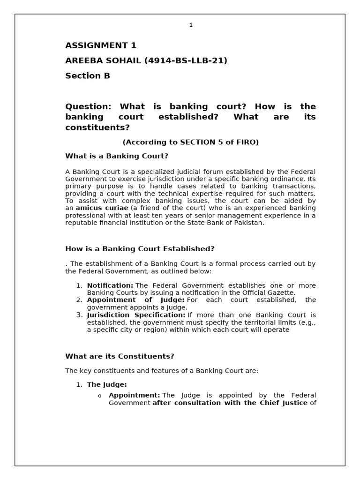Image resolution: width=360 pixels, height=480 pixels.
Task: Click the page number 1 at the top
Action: pyautogui.click(x=191, y=25)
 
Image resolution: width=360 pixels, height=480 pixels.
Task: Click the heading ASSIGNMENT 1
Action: pyautogui.click(x=101, y=45)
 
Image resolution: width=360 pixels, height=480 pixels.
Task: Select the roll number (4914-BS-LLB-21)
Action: pyautogui.click(x=186, y=60)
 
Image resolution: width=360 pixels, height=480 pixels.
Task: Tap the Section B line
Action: pyautogui.click(x=88, y=75)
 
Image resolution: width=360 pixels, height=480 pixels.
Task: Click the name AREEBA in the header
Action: pyautogui.click(x=85, y=60)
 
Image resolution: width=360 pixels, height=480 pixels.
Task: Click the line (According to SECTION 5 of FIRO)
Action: pyautogui.click(x=190, y=142)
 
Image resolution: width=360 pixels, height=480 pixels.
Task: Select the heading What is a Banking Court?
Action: pyautogui.click(x=117, y=156)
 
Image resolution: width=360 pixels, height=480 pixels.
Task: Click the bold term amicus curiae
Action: pyautogui.click(x=102, y=208)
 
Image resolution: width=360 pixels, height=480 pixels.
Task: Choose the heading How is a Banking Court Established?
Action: pyautogui.click(x=140, y=248)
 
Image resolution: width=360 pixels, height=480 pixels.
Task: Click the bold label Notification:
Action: pyautogui.click(x=110, y=285)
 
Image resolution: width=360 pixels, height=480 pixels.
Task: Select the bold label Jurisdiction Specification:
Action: pyautogui.click(x=136, y=315)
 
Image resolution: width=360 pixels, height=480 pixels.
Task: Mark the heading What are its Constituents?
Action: pyautogui.click(x=120, y=356)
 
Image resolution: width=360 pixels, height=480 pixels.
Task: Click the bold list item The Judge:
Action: pyautogui.click(x=107, y=384)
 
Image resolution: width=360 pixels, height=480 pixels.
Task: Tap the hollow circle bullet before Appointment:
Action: pyautogui.click(x=99, y=396)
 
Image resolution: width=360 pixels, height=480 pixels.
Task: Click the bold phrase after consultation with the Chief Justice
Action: pyautogui.click(x=230, y=403)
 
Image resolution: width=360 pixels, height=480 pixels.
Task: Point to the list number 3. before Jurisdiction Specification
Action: pyautogui.click(x=79, y=315)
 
